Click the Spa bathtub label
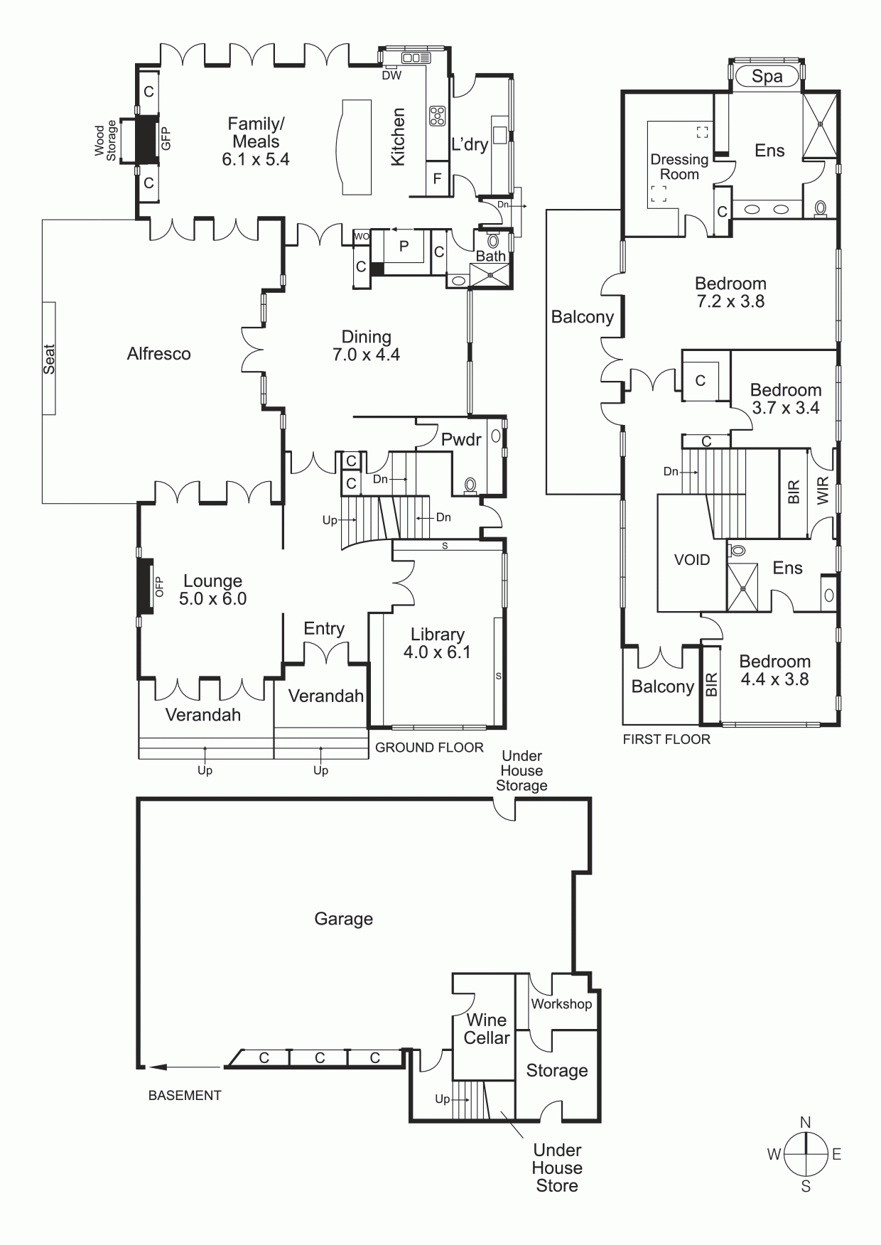pos(767,76)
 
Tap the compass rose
pos(806,1154)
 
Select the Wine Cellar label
pos(487,1029)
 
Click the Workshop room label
pos(561,1004)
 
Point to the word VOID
pos(692,560)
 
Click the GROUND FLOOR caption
pos(429,748)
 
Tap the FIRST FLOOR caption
pos(666,739)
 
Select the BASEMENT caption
pos(185,1096)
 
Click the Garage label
pos(344,920)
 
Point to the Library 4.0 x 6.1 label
pos(437,643)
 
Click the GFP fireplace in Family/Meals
pos(147,139)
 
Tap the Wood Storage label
pos(105,142)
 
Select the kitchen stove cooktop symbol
pos(437,117)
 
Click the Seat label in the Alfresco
pos(49,359)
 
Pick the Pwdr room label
pos(461,439)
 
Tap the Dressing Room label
pos(680,167)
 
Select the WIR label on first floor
pos(823,491)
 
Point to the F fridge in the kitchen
pos(438,178)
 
